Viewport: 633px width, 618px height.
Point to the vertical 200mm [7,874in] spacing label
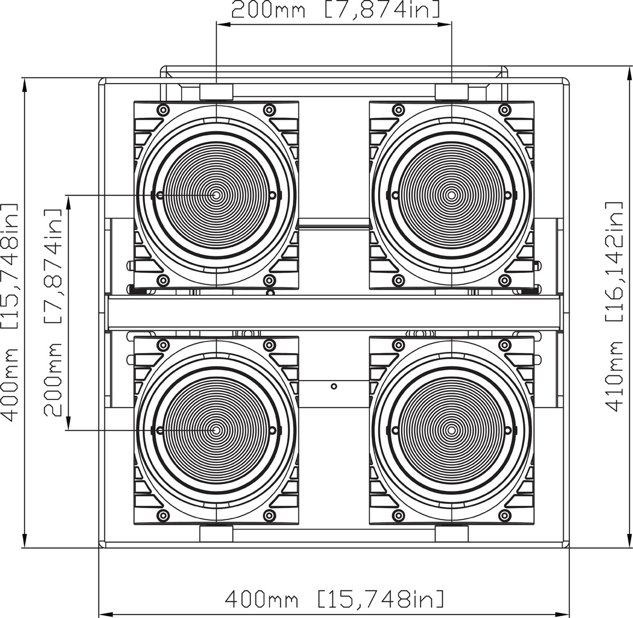point(53,312)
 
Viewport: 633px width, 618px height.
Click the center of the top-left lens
point(217,195)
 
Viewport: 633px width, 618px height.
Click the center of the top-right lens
point(452,195)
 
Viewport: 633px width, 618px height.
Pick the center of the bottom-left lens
point(217,430)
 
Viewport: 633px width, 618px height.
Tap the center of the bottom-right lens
point(452,430)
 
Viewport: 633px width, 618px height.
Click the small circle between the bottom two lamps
point(334,386)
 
